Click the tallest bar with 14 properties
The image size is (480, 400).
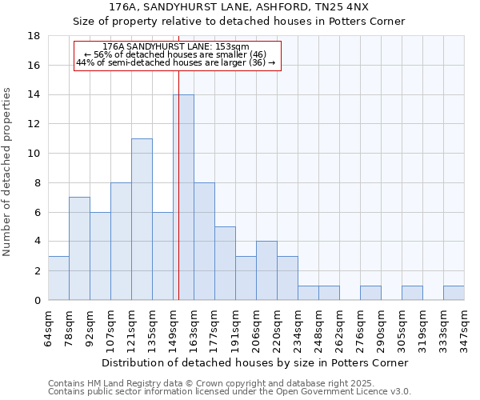[183, 198]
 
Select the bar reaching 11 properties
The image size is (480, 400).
[142, 219]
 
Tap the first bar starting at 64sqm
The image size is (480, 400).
[58, 278]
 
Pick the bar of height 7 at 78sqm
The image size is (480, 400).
[79, 249]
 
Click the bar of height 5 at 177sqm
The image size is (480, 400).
[225, 263]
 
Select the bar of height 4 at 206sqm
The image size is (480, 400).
[266, 270]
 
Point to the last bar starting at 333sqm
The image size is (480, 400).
[454, 293]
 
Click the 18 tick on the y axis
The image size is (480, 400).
[34, 36]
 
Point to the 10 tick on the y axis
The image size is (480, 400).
[34, 154]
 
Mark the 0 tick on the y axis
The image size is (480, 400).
[37, 300]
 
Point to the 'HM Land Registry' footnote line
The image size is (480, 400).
[228, 383]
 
